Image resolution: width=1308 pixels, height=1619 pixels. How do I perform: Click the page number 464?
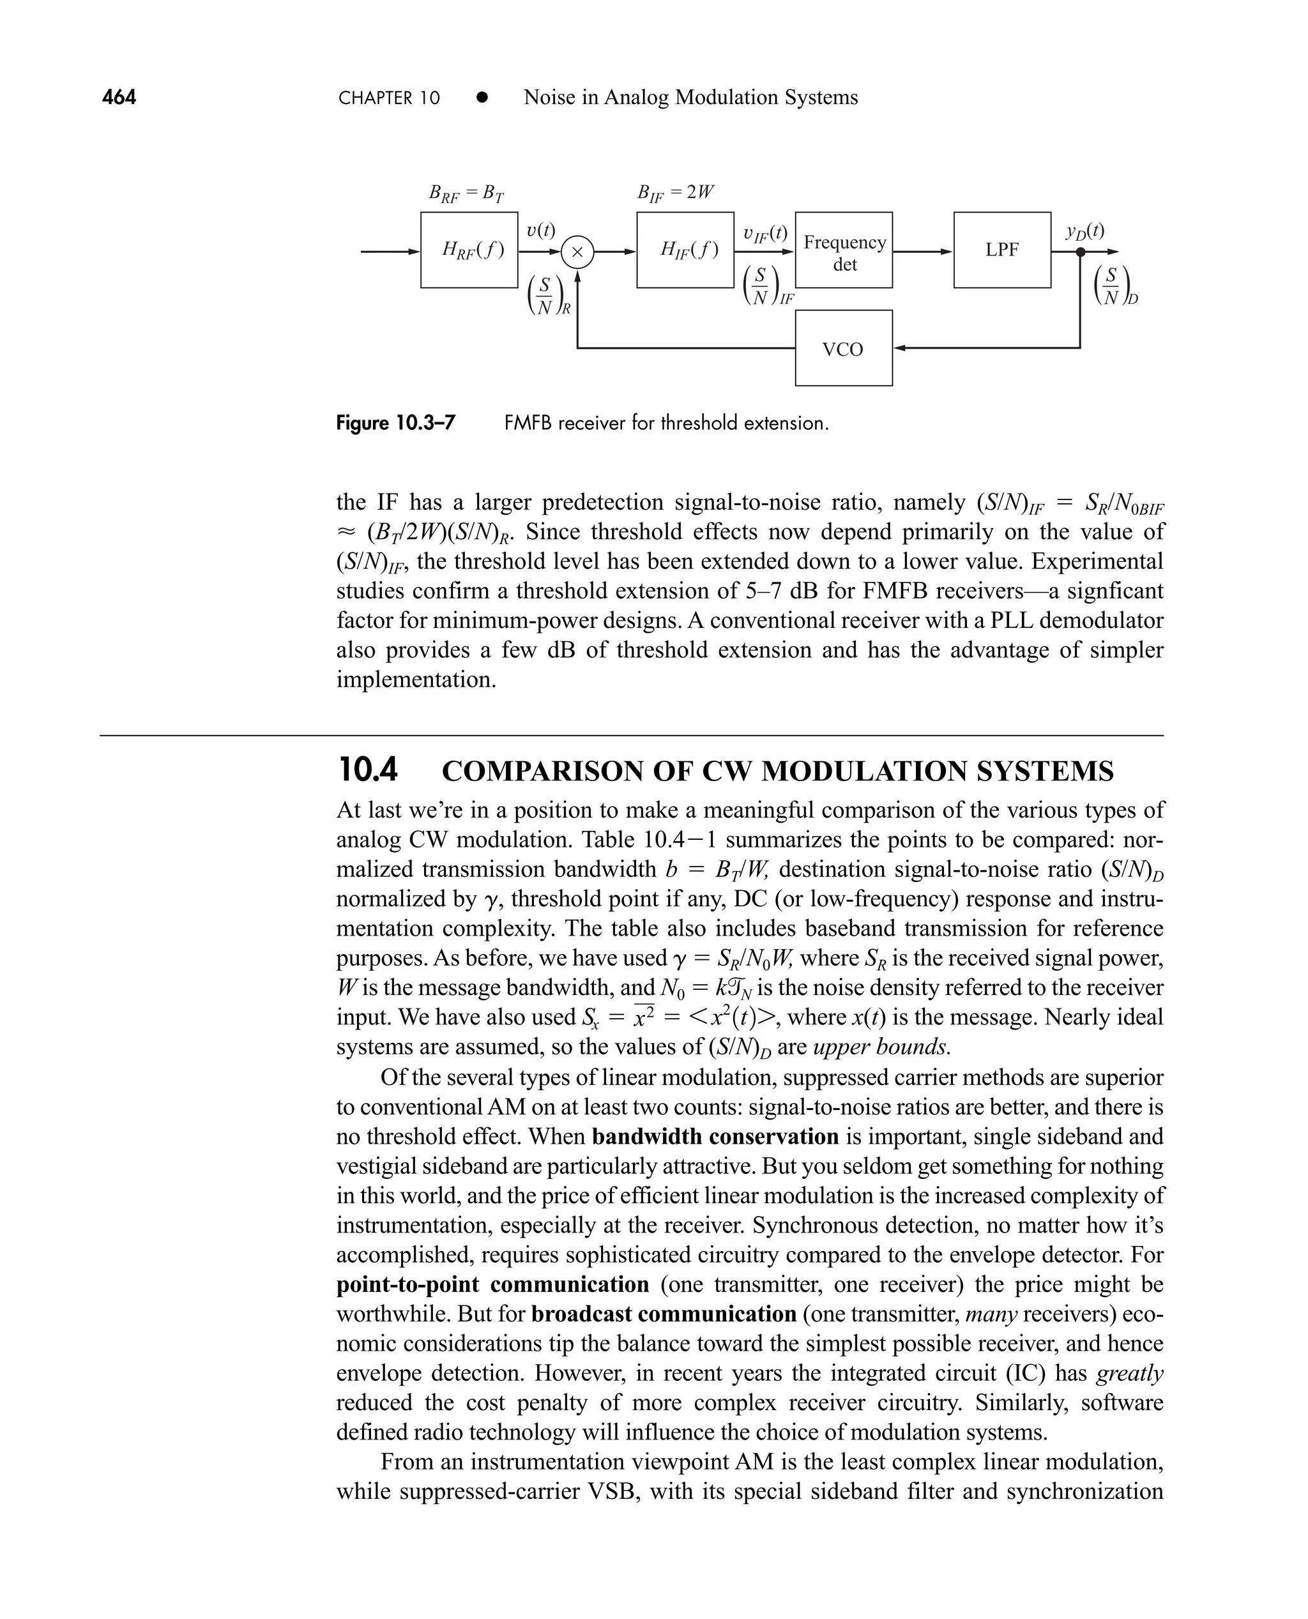click(119, 97)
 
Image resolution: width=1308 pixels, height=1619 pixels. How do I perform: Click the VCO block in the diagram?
click(843, 348)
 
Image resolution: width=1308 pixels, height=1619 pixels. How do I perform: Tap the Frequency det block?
click(844, 251)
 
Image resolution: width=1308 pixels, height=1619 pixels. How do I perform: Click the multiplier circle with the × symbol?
click(578, 252)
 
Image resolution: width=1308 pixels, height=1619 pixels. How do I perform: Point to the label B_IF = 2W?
click(675, 193)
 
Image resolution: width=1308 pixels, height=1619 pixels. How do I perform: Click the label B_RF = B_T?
click(466, 194)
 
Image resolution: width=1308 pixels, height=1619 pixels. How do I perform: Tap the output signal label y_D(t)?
click(1085, 231)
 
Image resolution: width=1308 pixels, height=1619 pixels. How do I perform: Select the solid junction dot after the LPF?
click(1080, 252)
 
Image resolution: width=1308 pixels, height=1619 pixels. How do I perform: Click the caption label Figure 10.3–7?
click(395, 423)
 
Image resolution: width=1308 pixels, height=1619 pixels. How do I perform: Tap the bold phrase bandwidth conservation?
click(715, 1136)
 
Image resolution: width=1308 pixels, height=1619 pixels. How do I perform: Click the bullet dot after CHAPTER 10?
click(482, 98)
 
